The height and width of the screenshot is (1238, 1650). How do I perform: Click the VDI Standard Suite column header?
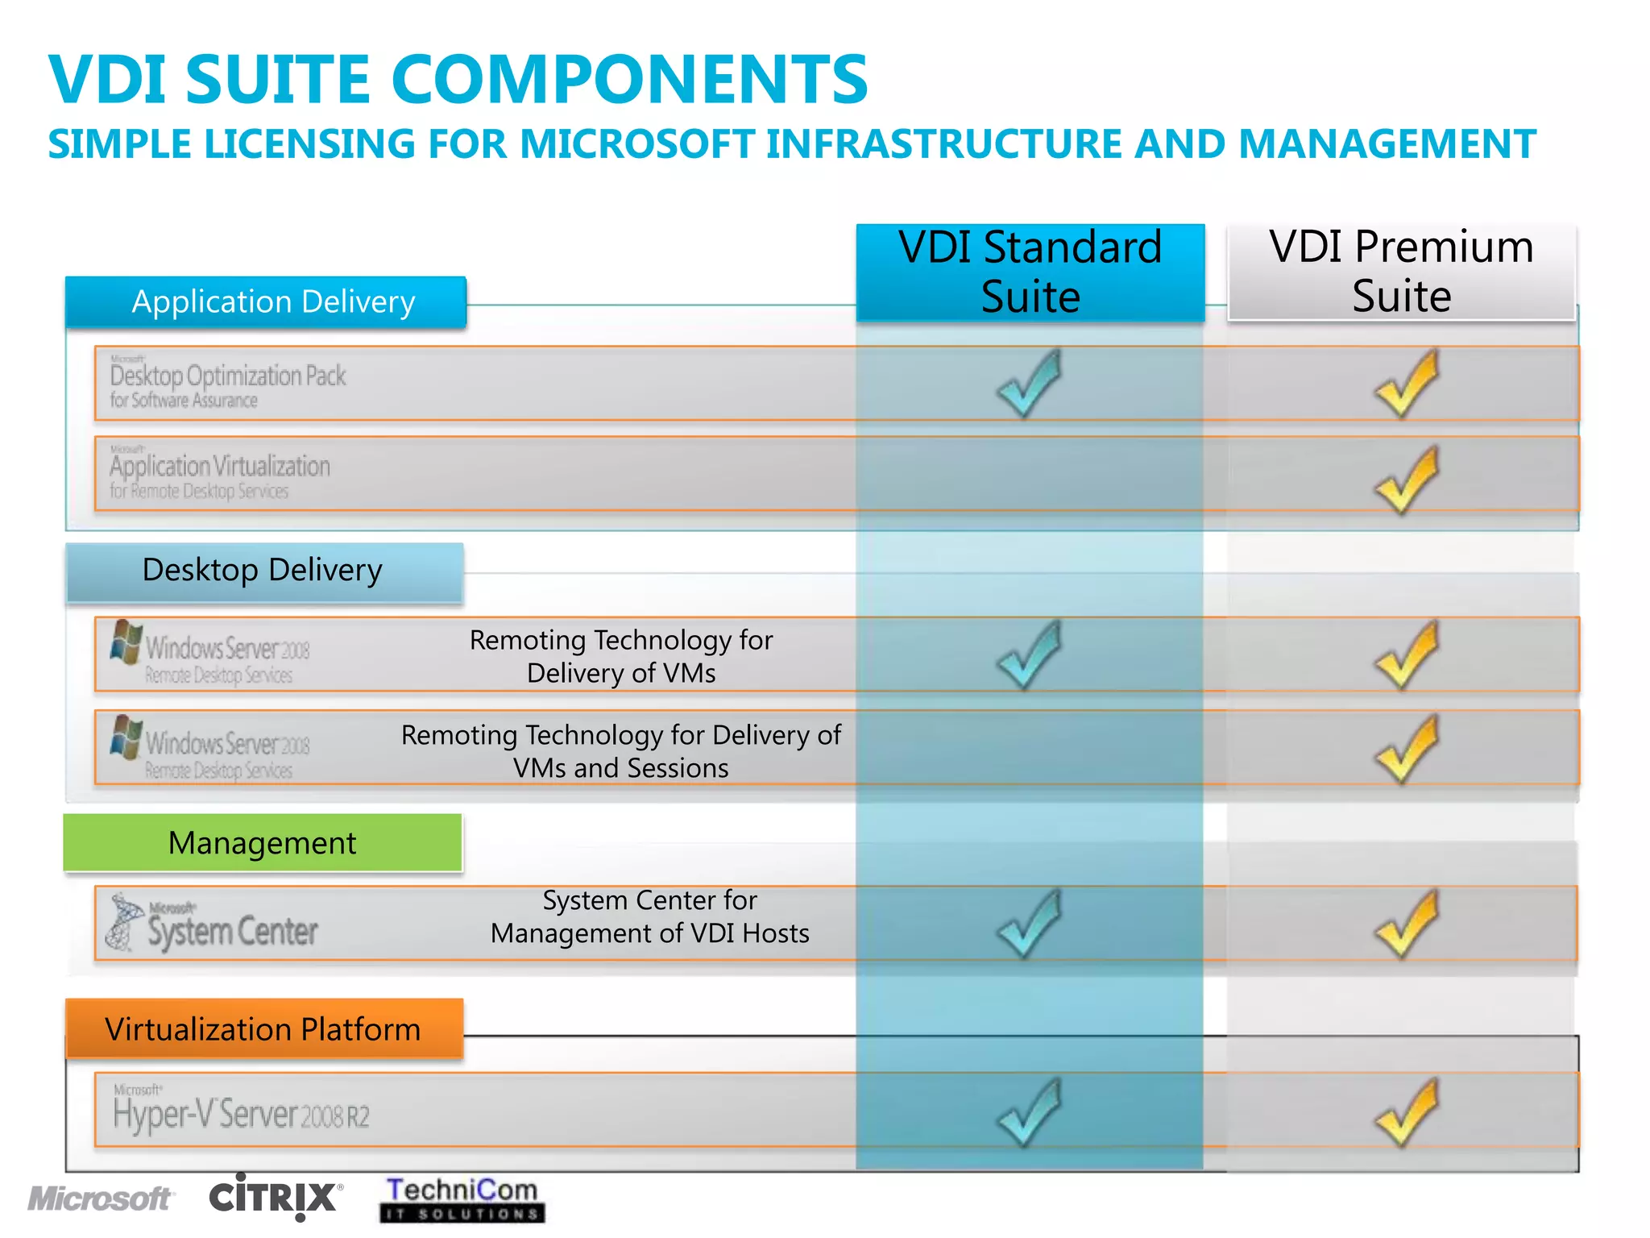[x=1030, y=272]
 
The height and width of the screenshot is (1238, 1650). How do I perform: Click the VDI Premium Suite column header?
[x=1401, y=272]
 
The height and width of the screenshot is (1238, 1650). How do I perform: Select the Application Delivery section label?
[x=266, y=302]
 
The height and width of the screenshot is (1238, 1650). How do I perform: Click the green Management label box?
[x=263, y=843]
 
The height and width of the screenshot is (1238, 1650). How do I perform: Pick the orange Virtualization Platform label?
[x=263, y=1029]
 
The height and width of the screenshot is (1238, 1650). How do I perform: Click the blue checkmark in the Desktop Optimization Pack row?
[x=1029, y=383]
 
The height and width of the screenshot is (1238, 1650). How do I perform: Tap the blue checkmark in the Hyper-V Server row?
[x=1029, y=1112]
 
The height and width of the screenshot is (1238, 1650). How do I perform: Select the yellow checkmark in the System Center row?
[x=1406, y=924]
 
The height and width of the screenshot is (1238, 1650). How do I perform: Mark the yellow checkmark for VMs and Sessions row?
[x=1406, y=749]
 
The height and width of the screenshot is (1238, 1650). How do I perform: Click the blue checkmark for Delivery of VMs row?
[x=1029, y=654]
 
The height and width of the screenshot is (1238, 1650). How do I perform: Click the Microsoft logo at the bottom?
[x=100, y=1199]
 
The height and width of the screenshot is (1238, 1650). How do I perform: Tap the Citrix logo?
[x=275, y=1197]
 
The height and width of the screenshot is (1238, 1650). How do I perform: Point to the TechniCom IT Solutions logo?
[x=462, y=1199]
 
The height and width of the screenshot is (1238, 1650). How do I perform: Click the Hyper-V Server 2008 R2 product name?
[x=241, y=1114]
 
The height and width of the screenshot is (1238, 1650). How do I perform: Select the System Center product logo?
[x=213, y=924]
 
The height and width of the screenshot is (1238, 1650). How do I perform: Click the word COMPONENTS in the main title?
[x=629, y=79]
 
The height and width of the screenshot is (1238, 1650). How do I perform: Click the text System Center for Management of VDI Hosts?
[x=649, y=916]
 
